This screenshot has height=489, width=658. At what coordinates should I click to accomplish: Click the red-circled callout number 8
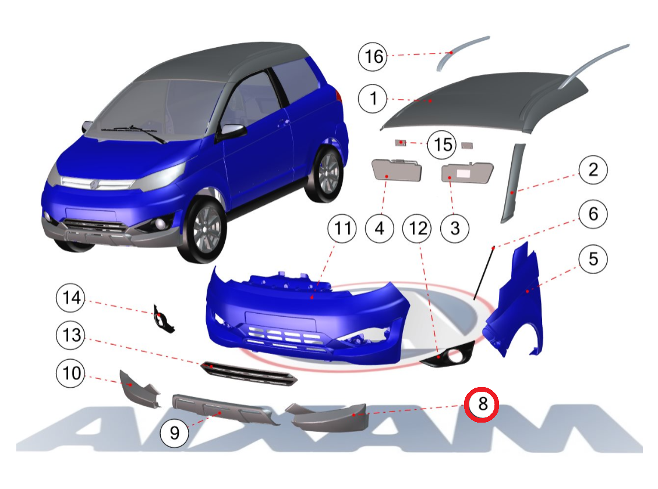482,404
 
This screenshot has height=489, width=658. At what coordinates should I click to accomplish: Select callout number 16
373,56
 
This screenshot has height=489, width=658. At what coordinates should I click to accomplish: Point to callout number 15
443,145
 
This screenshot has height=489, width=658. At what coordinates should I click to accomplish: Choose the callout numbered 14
71,297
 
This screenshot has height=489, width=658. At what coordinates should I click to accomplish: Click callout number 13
71,335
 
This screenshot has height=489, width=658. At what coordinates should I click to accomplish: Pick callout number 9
175,433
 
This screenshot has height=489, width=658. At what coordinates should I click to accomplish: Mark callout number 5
593,258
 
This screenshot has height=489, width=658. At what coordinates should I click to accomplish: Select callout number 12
417,229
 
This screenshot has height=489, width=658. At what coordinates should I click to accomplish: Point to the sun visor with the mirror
467,172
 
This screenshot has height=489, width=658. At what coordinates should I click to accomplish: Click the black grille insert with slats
249,373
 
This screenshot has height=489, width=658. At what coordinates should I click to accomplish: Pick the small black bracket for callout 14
162,319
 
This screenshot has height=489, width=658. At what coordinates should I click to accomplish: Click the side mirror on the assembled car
231,131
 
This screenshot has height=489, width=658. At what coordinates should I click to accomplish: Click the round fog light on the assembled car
160,224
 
